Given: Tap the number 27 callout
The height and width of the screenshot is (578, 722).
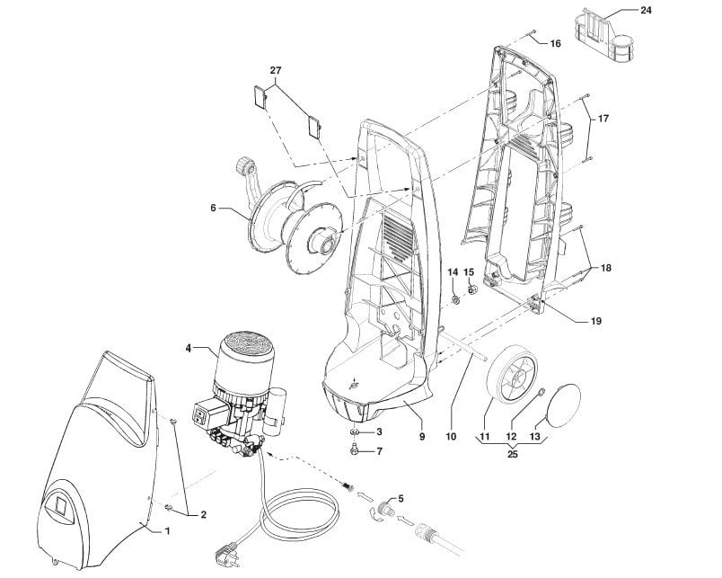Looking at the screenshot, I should pos(276,70).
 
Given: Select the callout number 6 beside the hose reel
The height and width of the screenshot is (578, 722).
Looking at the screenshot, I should pos(214,208).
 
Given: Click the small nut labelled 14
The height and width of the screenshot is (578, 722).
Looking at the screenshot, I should pos(456,299).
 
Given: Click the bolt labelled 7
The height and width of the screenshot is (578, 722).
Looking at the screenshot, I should pos(357,451).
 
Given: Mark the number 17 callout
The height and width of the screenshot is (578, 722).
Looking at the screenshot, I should pos(603,120).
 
